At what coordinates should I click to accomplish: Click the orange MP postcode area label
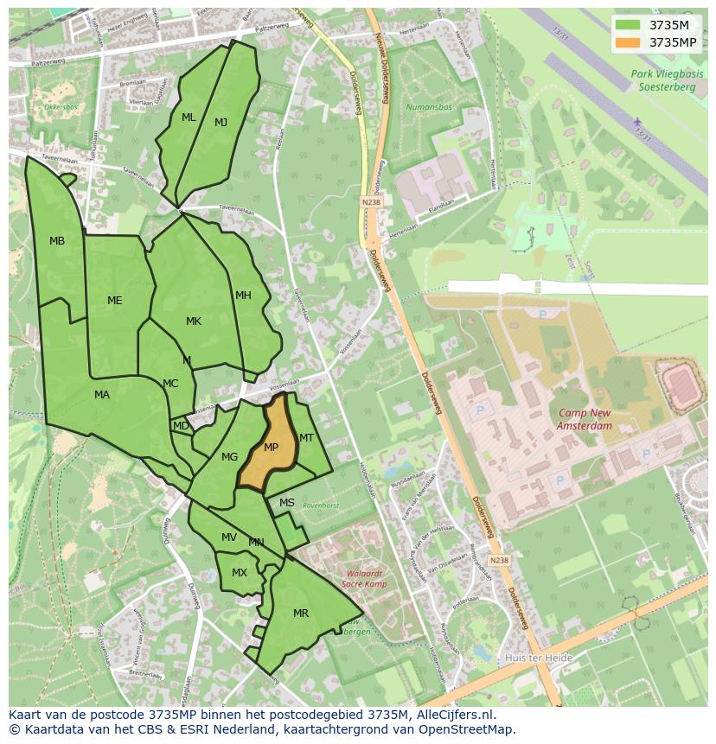(x=271, y=448)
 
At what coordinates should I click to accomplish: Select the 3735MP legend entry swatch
(x=629, y=42)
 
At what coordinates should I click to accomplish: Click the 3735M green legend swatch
(x=629, y=25)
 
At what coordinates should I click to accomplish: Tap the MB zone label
(x=57, y=241)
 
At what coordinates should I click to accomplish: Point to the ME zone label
(x=115, y=301)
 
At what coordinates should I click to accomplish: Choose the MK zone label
(x=194, y=321)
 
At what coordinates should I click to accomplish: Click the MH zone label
(x=244, y=296)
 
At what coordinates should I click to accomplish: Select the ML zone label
(x=189, y=118)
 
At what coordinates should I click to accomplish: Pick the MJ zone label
(x=221, y=123)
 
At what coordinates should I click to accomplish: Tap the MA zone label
(x=102, y=395)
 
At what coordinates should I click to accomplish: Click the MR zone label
(x=301, y=614)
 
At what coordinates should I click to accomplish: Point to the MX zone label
(x=240, y=573)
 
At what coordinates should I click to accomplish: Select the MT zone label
(x=306, y=438)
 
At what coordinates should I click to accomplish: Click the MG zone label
(x=229, y=457)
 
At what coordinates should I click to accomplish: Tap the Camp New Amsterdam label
(x=585, y=419)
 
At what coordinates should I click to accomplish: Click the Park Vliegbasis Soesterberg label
(x=667, y=80)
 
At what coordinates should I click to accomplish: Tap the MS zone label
(x=287, y=503)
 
